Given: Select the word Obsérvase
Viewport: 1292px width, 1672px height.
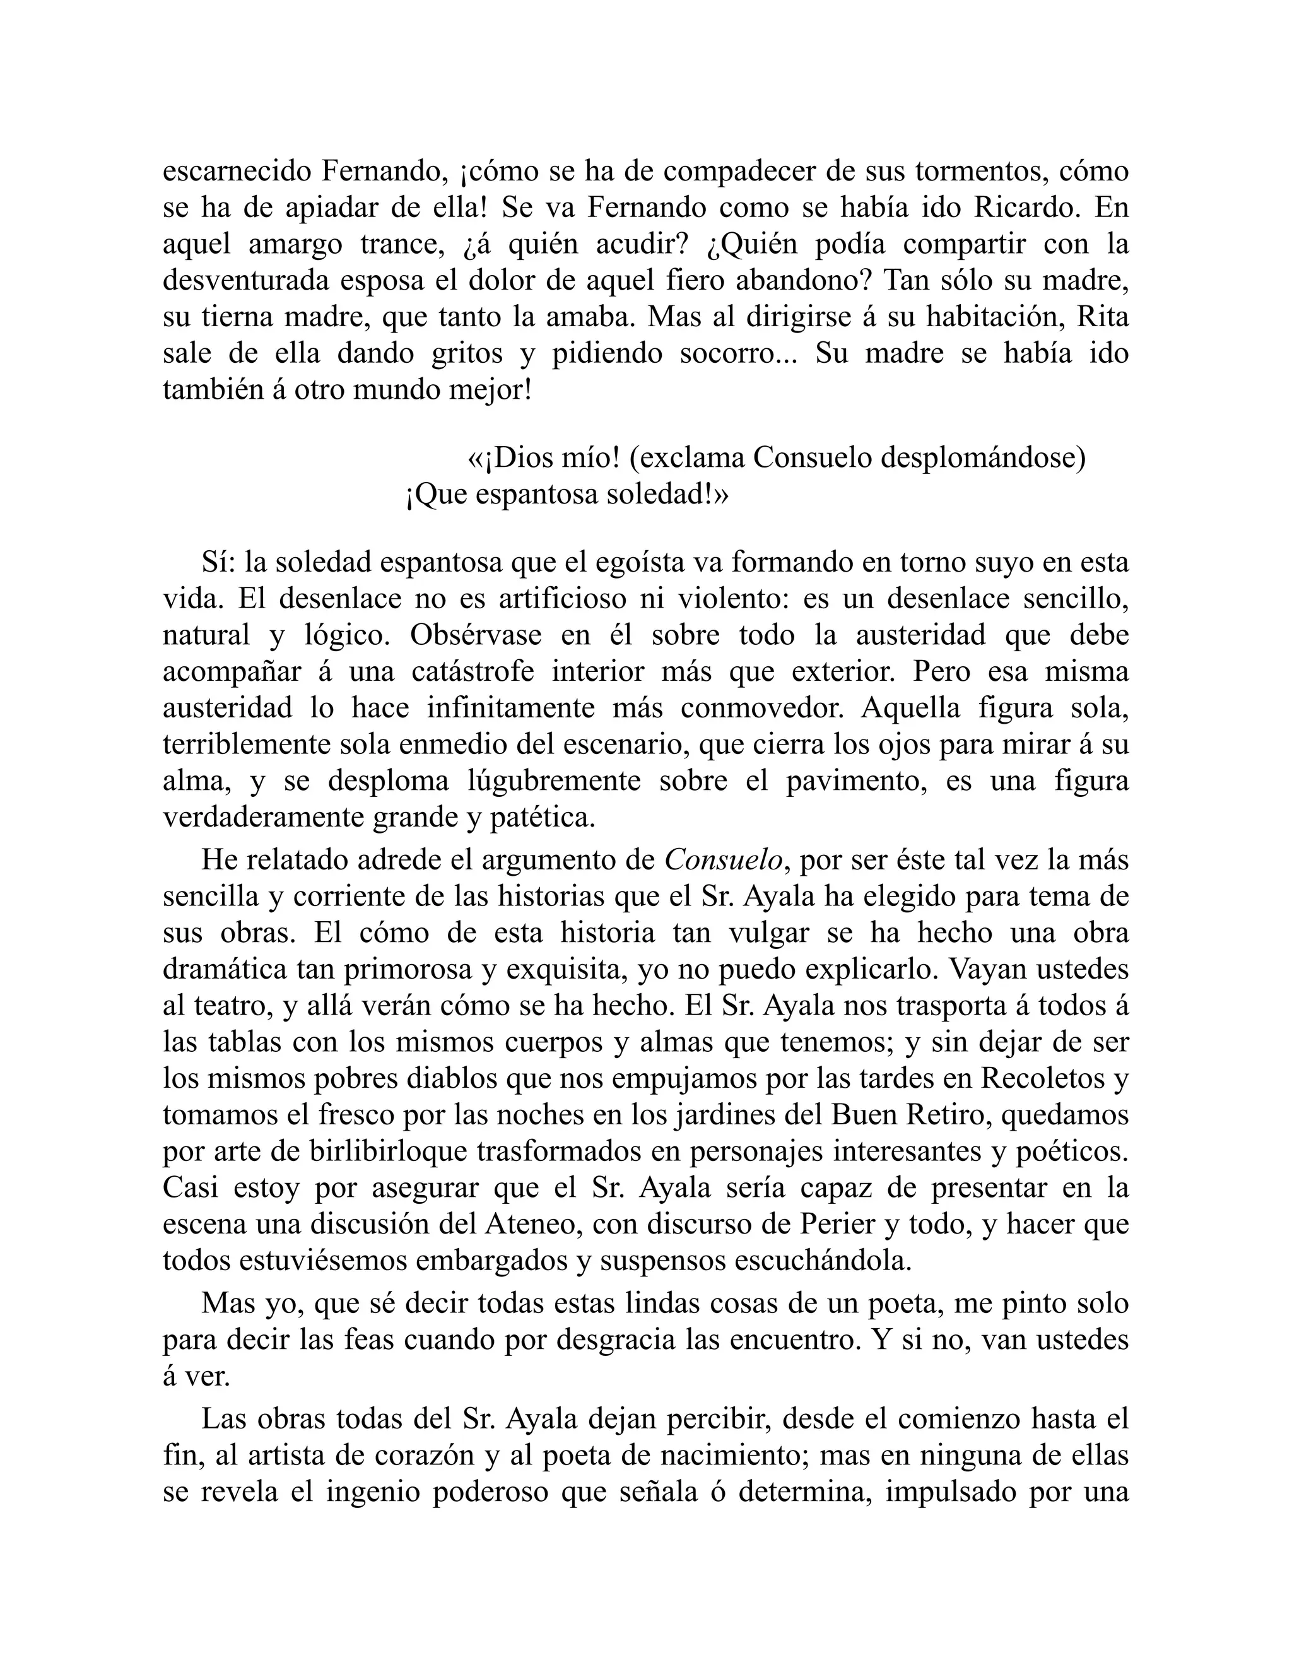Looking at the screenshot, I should pyautogui.click(x=474, y=635).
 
